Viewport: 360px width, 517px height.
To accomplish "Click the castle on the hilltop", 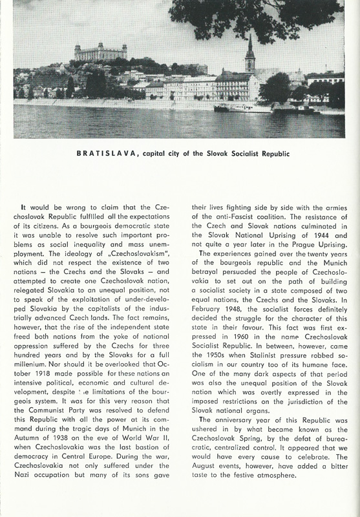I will pyautogui.click(x=100, y=52).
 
